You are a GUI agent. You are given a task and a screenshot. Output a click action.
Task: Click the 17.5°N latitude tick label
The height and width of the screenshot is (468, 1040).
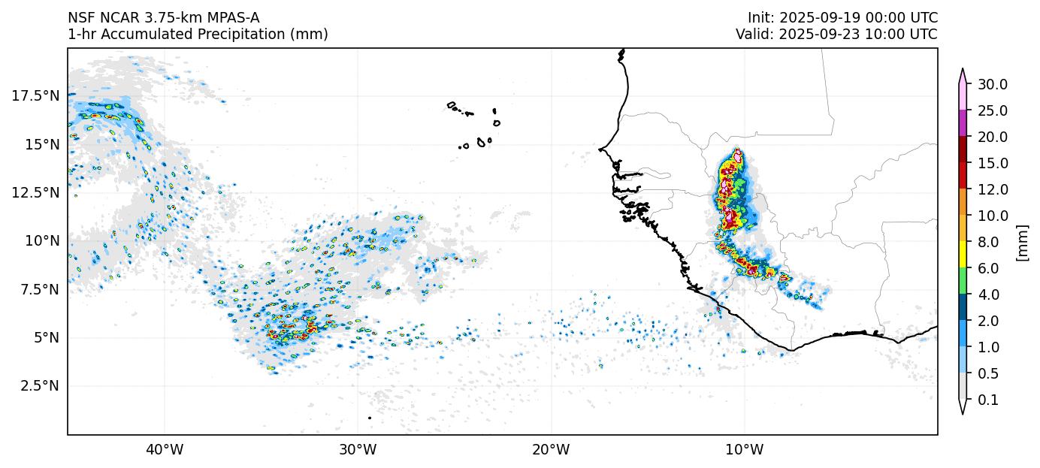tap(35, 95)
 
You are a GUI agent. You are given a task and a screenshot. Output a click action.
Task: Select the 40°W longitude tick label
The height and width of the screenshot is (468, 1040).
tap(164, 450)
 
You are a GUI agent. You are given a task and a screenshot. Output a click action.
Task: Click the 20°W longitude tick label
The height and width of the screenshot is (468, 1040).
tap(551, 450)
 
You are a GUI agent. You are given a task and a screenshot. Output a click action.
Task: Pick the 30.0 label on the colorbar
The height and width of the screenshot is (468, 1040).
tap(992, 84)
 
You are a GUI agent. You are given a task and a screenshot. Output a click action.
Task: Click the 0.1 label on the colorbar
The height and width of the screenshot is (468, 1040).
tap(988, 400)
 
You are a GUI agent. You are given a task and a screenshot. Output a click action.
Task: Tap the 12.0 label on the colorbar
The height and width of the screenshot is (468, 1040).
tap(992, 189)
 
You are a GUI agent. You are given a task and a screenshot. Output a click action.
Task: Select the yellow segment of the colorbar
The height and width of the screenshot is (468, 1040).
tap(962, 255)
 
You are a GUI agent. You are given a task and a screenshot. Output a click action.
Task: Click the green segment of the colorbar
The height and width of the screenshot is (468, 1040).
tap(962, 281)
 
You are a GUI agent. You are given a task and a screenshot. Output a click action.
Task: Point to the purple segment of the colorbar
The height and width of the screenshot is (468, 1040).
tap(962, 123)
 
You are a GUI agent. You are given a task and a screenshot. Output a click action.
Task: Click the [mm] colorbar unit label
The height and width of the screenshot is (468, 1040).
tap(1022, 242)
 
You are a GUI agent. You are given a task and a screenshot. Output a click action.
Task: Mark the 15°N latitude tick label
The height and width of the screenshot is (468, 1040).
tap(38, 143)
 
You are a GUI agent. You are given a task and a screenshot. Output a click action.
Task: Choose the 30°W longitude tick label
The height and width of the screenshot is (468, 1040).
tap(358, 450)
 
